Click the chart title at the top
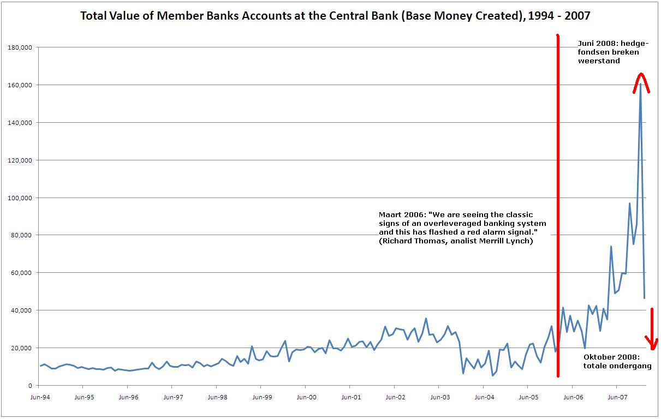point(335,15)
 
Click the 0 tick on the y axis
point(30,386)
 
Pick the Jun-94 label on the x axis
point(40,397)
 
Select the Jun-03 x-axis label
point(439,397)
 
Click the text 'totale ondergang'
point(617,366)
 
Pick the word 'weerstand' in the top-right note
point(599,61)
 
